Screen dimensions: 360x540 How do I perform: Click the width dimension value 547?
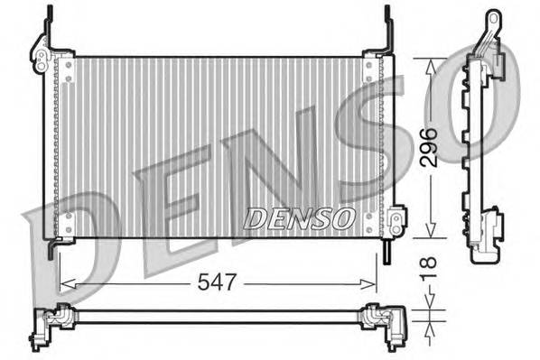point(218,282)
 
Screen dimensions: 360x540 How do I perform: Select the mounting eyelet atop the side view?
point(493,21)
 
